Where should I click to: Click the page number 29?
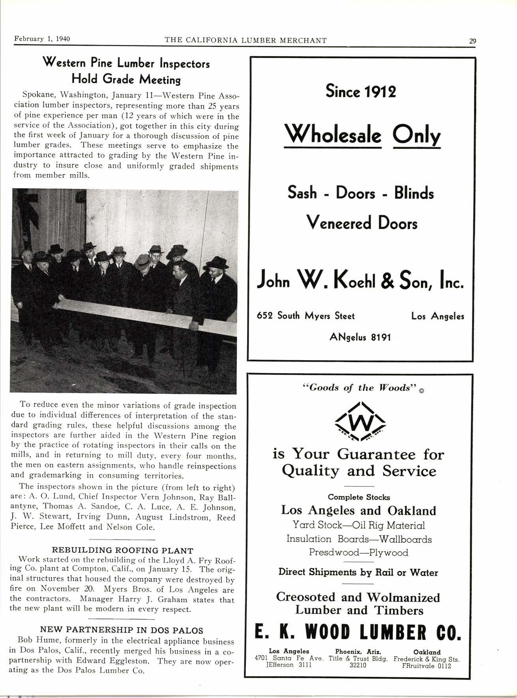click(472, 40)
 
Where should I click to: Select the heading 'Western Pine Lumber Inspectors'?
click(126, 63)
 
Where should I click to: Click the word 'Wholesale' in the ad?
click(332, 136)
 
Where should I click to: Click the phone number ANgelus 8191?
click(360, 337)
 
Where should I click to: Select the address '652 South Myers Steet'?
click(306, 316)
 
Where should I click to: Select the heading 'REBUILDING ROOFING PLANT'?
click(123, 550)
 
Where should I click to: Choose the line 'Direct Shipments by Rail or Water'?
click(358, 572)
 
